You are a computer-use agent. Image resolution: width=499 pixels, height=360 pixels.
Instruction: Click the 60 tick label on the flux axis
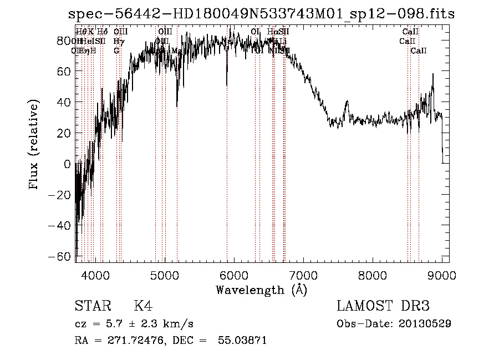click(x=65, y=72)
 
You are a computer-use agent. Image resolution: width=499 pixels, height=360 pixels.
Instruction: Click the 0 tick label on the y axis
click(x=68, y=164)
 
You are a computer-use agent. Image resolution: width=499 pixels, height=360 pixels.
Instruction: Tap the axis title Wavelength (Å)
click(x=261, y=290)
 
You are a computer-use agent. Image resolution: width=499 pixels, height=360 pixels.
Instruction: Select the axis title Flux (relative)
click(x=34, y=145)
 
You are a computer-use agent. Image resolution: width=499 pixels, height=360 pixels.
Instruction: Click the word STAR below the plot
click(x=91, y=306)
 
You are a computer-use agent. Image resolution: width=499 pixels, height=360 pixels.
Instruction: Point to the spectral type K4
click(x=143, y=306)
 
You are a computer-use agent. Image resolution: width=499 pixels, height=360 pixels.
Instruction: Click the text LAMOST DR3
click(x=383, y=306)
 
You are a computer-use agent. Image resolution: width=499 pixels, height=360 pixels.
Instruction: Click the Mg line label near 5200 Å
click(x=176, y=51)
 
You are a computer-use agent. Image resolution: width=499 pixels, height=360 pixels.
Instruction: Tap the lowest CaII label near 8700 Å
click(x=419, y=51)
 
